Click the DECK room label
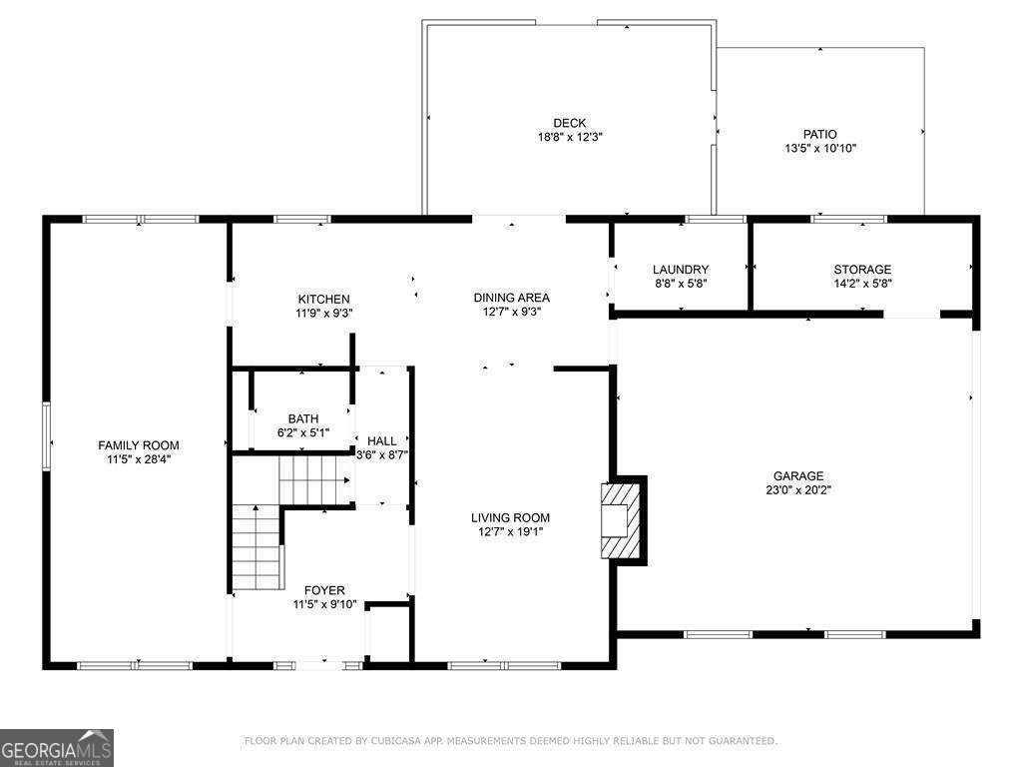570,124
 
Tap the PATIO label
820,134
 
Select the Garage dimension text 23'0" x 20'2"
798,490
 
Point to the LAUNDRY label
681,270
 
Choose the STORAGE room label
862,270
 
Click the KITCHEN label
323,300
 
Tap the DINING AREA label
511,298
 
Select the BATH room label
303,419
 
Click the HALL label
382,441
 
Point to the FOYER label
324,591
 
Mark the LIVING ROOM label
511,517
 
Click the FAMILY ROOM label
138,445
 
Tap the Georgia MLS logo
57,748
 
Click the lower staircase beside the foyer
255,548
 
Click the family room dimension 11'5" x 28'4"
138,459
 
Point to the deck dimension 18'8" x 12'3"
570,138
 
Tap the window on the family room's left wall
45,433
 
